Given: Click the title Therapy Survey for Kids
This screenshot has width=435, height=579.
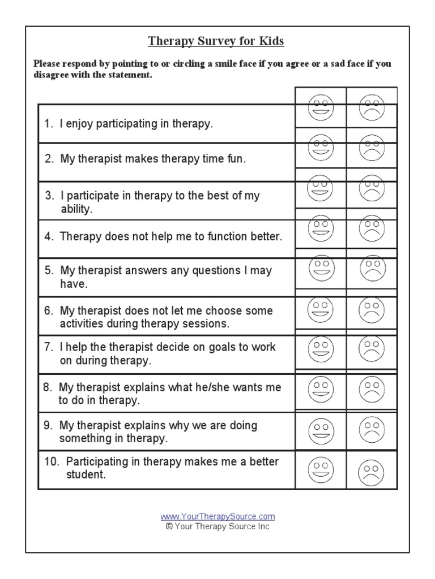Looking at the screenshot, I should coord(216,41).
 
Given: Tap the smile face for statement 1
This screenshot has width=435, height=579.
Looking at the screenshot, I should coord(321,107).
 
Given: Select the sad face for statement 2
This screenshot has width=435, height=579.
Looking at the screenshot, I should coord(372,148).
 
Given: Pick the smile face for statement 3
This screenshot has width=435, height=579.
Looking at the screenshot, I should coord(320,188).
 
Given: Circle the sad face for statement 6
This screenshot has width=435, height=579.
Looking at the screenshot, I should coord(372,309).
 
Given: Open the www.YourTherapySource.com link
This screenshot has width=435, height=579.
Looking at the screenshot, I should coord(217,516).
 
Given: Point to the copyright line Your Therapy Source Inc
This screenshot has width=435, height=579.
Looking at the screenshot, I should coord(217,526).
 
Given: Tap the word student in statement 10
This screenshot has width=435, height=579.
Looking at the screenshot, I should coord(86,475).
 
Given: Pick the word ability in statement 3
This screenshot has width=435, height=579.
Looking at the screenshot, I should coord(75,209).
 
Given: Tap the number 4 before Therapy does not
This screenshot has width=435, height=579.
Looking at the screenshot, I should coord(48,236).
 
